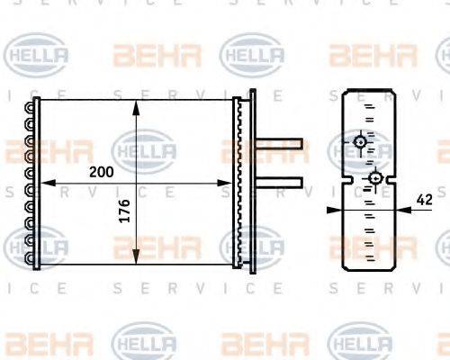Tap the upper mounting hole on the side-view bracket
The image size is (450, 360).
[360, 141]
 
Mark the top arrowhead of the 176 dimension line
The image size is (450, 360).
[136, 104]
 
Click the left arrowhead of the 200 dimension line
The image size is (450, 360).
[41, 184]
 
